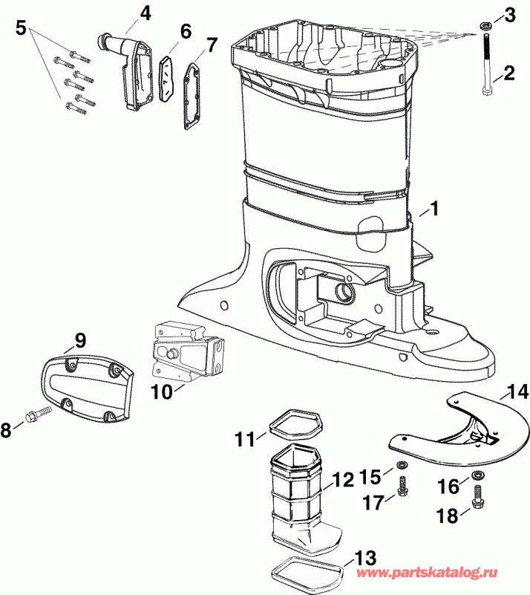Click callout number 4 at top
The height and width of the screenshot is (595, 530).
click(x=145, y=13)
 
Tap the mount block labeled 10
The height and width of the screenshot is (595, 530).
click(x=187, y=354)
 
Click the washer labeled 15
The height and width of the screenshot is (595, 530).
click(x=402, y=466)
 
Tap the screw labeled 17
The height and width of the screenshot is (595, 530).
click(x=403, y=487)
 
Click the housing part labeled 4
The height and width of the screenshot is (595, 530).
click(x=137, y=74)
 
